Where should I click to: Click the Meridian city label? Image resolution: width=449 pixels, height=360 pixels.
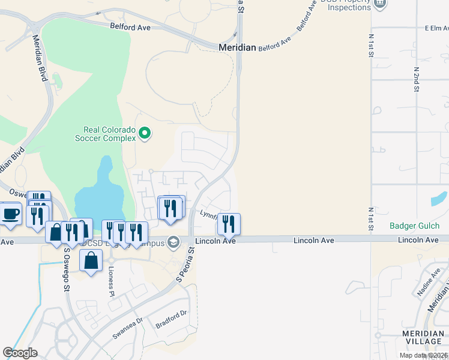click(x=237, y=47)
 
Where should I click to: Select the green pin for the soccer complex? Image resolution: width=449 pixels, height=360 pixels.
click(x=144, y=133)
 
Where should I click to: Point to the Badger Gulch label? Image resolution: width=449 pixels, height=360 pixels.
click(x=414, y=226)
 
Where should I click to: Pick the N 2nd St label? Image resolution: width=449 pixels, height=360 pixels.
click(x=416, y=79)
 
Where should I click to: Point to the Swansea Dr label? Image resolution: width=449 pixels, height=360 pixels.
click(x=126, y=329)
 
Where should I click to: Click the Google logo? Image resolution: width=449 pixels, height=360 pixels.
click(x=20, y=353)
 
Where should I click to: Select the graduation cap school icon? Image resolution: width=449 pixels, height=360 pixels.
click(x=173, y=242)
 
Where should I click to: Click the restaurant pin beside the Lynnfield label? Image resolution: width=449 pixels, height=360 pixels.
click(x=229, y=224)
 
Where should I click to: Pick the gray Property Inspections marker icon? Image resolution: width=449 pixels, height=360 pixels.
click(x=379, y=4)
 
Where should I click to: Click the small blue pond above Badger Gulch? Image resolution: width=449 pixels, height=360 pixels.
click(x=439, y=199)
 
